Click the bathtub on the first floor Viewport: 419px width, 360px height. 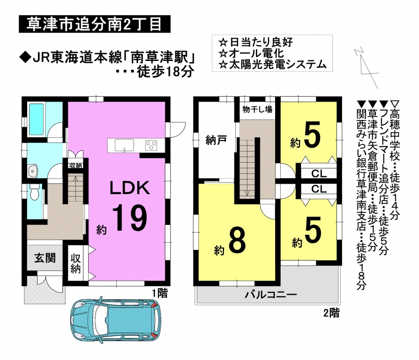[37, 119]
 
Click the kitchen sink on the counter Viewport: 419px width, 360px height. [125, 145]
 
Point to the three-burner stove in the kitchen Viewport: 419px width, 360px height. [151, 145]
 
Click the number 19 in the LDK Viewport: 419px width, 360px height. [130, 218]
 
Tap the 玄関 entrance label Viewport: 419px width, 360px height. [45, 258]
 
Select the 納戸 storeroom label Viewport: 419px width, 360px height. [216, 140]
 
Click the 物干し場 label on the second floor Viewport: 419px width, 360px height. [257, 109]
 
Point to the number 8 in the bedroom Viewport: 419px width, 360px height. [237, 240]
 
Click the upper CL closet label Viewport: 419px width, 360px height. [319, 174]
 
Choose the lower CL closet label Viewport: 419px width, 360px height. [319, 189]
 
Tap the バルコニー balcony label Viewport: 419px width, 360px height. [271, 295]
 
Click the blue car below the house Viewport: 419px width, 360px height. [116, 321]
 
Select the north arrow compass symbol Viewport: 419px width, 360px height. [367, 68]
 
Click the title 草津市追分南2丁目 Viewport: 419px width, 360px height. [94, 24]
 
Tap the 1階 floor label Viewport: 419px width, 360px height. [160, 293]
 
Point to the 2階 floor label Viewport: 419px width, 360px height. [331, 313]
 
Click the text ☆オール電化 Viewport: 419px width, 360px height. [251, 53]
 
